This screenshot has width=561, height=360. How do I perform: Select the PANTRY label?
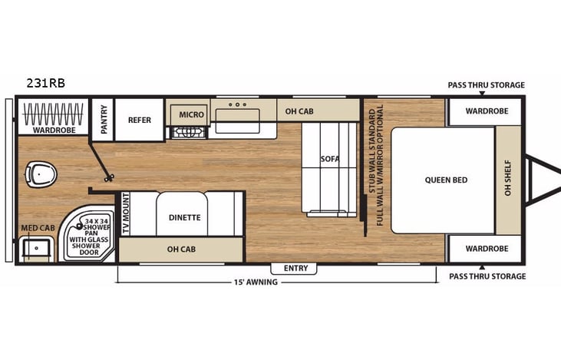click(x=103, y=119)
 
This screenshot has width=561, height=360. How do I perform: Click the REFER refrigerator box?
click(x=139, y=120)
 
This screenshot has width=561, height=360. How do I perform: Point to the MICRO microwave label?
click(x=191, y=114)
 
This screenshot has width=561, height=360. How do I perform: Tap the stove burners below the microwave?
click(x=188, y=132)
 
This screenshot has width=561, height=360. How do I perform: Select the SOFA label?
click(x=330, y=159)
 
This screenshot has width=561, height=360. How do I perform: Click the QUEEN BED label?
click(x=446, y=180)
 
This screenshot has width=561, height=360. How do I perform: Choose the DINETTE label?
click(x=184, y=217)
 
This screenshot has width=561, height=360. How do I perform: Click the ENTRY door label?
click(x=295, y=268)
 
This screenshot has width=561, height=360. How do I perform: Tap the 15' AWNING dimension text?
click(x=256, y=282)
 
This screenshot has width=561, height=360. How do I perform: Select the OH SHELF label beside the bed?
click(x=507, y=181)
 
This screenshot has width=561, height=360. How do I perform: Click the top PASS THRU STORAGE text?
click(x=487, y=84)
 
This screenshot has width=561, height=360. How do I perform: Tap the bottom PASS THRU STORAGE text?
click(x=487, y=276)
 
